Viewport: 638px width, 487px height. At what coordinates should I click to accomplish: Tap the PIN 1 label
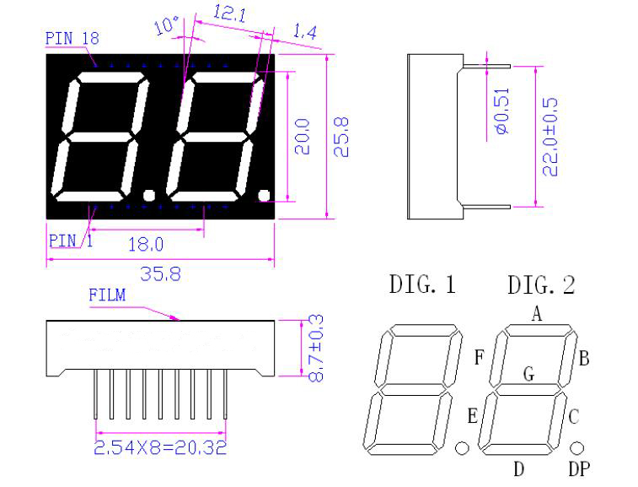pos(71,240)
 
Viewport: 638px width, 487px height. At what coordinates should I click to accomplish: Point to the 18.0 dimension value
pos(145,245)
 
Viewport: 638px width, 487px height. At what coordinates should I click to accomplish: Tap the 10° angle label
pos(165,28)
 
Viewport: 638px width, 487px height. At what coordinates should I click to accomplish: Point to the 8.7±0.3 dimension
pos(316,348)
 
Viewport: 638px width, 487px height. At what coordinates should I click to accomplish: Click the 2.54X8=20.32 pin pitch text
pos(160,447)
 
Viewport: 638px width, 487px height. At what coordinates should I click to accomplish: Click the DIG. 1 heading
pos(421,285)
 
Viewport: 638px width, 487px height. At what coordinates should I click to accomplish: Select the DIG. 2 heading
pos(540,285)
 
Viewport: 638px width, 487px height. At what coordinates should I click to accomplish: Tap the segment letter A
pos(535,314)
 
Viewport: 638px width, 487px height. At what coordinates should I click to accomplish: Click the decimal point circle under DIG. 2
pos(577,446)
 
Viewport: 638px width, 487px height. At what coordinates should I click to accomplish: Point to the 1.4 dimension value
pos(304,33)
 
